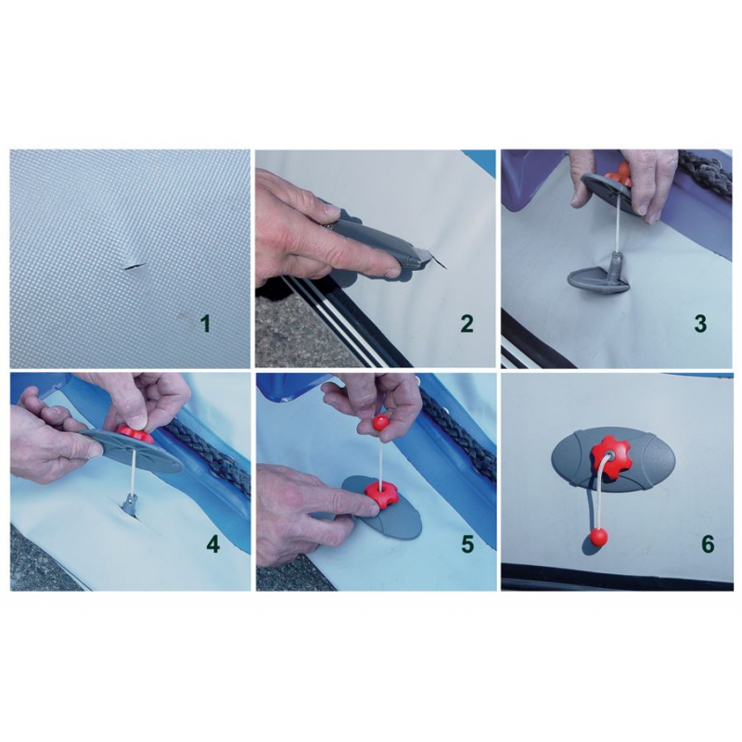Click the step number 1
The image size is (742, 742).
(206, 325)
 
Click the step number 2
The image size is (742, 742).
(467, 324)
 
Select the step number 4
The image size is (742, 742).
(212, 544)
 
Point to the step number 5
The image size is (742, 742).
(467, 544)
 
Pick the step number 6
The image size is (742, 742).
(708, 544)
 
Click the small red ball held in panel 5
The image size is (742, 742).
(379, 422)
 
